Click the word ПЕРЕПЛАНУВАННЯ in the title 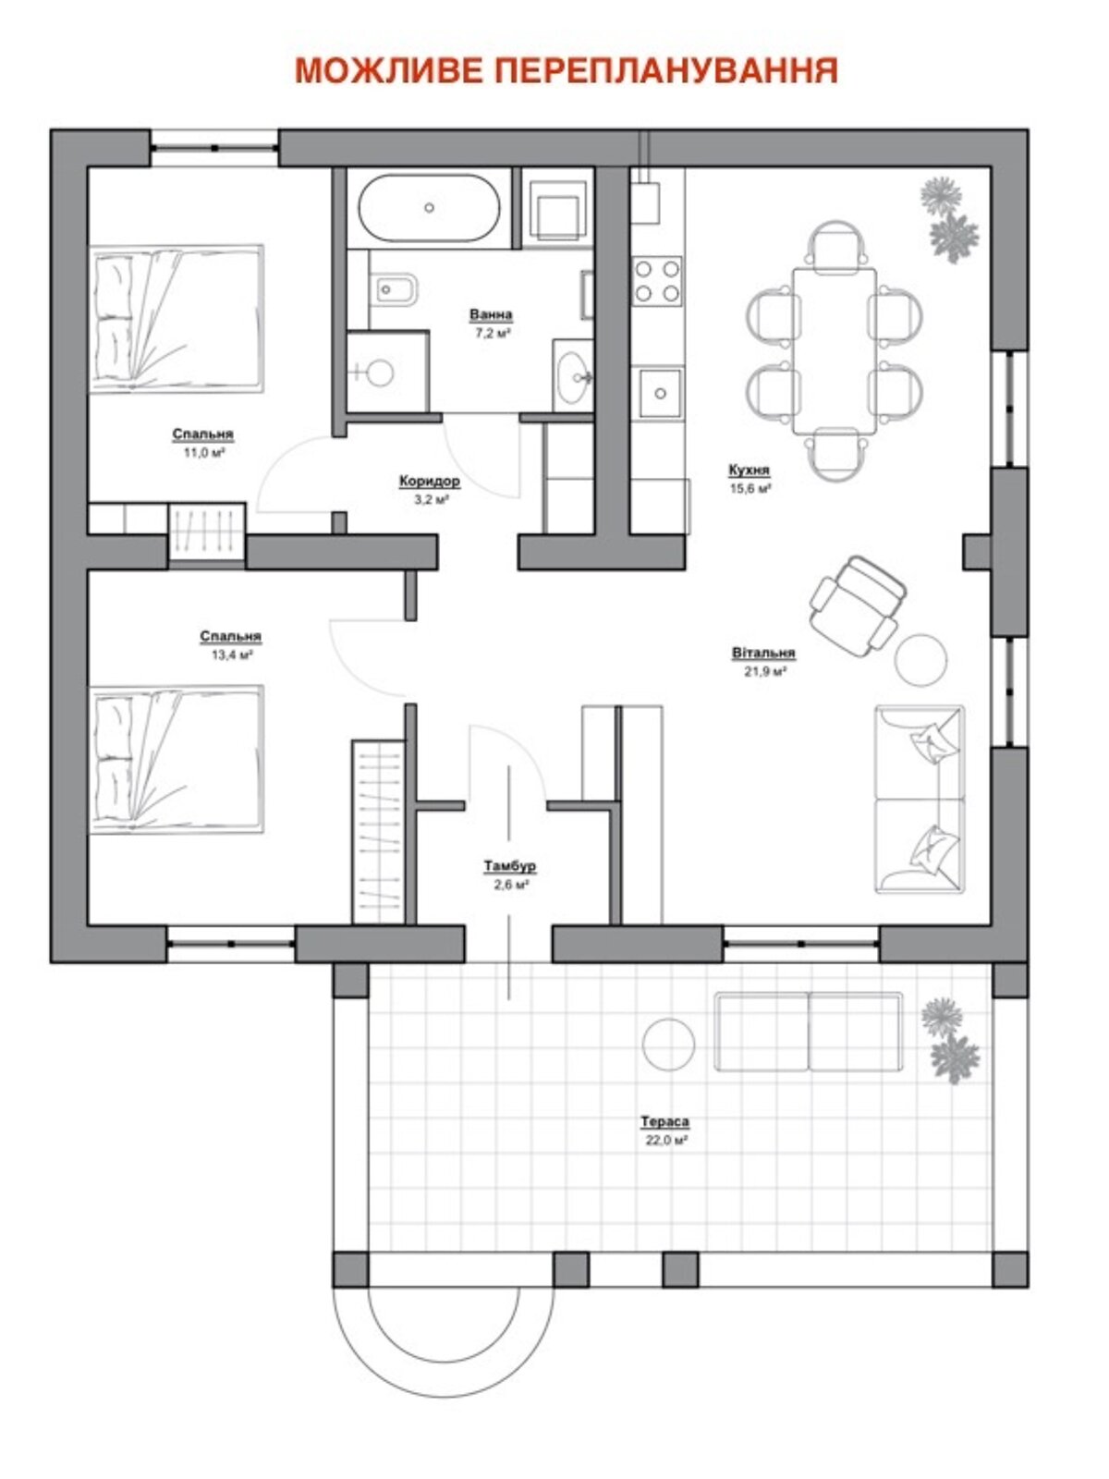tap(666, 71)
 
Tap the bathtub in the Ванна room tap(429, 208)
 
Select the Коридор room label tap(430, 481)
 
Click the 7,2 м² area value tap(491, 333)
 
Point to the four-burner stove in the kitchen tap(656, 280)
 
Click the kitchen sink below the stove tap(659, 394)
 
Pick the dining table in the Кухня tap(835, 351)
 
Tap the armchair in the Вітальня tap(857, 605)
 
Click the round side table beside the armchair tap(920, 660)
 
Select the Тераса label tap(664, 1122)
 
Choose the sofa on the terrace tap(808, 1032)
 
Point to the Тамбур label tap(510, 866)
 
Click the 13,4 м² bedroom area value tap(231, 654)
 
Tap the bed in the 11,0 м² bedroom tap(177, 319)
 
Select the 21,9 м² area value tap(765, 671)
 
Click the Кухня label tap(749, 470)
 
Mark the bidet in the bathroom tap(396, 290)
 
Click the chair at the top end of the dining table tap(835, 247)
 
